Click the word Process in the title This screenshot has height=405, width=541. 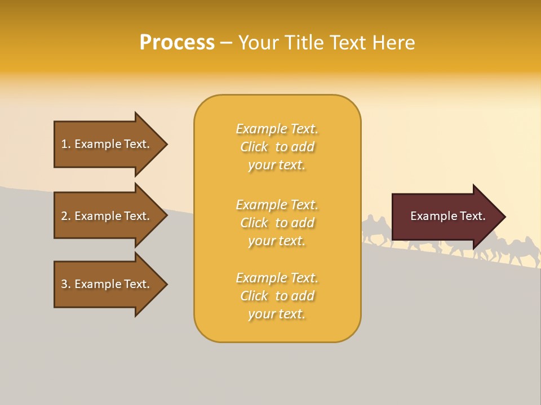tap(177, 43)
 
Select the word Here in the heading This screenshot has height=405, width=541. tap(394, 43)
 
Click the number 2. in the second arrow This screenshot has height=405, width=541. tap(66, 216)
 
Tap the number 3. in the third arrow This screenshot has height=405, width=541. tap(66, 284)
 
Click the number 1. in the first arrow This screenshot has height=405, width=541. tap(66, 144)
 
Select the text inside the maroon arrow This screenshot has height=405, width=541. tap(447, 216)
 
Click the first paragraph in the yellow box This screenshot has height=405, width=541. tap(277, 147)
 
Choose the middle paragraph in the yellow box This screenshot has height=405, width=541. tap(277, 223)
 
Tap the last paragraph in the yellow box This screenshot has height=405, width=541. tap(277, 296)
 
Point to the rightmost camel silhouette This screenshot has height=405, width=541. tap(527, 256)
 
